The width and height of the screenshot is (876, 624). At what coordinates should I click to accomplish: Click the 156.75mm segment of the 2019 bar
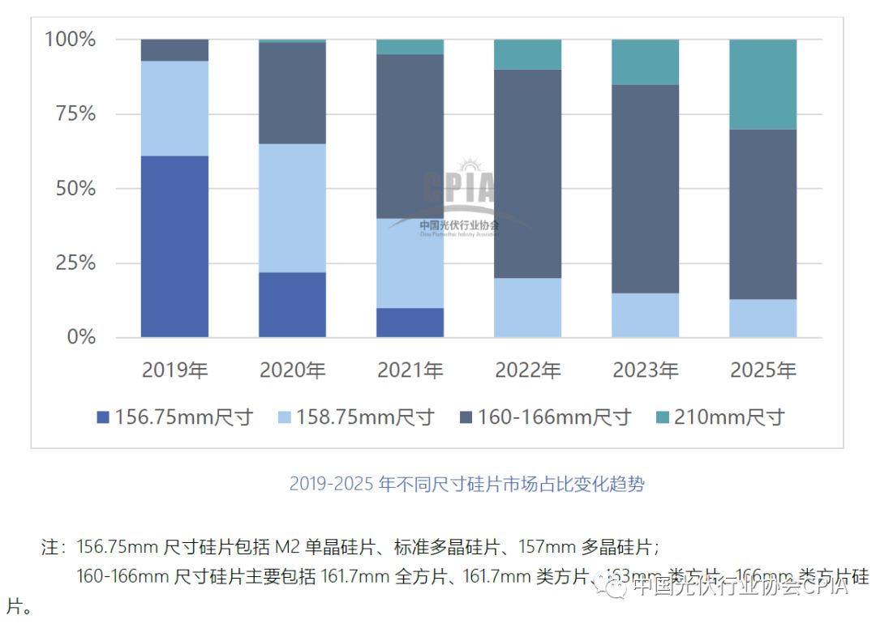[174, 246]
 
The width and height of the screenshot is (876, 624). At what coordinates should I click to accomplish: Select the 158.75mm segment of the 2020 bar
[292, 208]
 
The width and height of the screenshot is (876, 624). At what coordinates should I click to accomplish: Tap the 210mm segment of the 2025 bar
[762, 84]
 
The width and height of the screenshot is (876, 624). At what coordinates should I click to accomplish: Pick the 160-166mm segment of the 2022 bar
[527, 174]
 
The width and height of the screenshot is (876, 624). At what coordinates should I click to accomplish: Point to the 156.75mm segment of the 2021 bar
[410, 323]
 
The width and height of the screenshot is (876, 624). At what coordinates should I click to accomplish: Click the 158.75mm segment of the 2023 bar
[645, 315]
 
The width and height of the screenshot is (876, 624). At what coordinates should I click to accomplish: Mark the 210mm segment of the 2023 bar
[645, 62]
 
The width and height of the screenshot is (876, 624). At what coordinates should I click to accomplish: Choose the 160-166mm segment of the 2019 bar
[174, 50]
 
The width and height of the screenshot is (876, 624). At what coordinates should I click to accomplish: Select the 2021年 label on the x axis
[410, 371]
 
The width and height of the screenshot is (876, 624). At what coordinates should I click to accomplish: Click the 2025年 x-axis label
[762, 371]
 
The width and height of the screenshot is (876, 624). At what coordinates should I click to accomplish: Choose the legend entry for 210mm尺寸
[719, 417]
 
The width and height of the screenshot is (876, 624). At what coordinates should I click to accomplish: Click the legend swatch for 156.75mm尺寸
[102, 418]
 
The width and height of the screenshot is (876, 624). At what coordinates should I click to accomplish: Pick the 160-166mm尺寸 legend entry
[544, 417]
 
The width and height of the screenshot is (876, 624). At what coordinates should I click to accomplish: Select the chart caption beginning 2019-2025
[467, 485]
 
